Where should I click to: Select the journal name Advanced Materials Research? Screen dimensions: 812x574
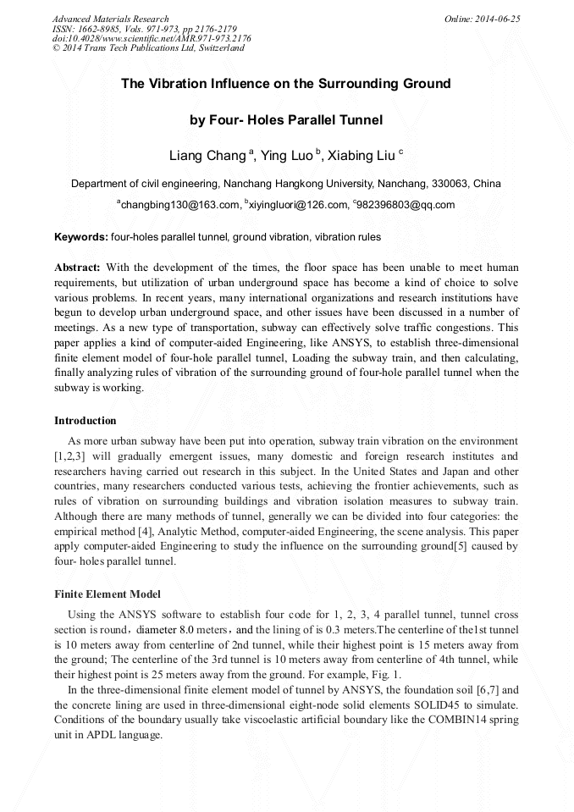[111, 19]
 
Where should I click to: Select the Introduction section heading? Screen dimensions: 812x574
[86, 421]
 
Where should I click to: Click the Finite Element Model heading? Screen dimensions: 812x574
[108, 594]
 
